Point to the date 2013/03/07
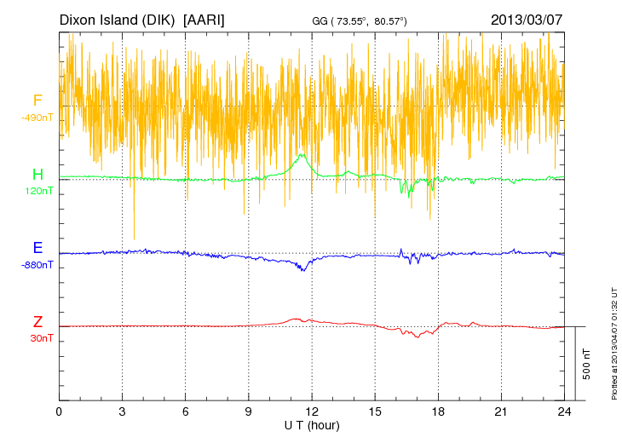coord(526,19)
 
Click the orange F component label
coord(37,101)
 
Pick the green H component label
coord(37,175)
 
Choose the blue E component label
coord(37,248)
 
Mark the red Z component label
coord(37,321)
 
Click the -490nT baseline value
coord(37,118)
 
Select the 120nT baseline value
coord(37,191)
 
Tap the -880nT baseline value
coord(37,264)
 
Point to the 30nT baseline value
coord(37,337)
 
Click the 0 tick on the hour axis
coord(59,411)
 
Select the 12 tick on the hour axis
coord(312,411)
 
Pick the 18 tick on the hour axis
coord(438,411)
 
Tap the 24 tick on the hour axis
coord(564,411)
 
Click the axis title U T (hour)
coord(312,424)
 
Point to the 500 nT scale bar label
coord(587,364)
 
